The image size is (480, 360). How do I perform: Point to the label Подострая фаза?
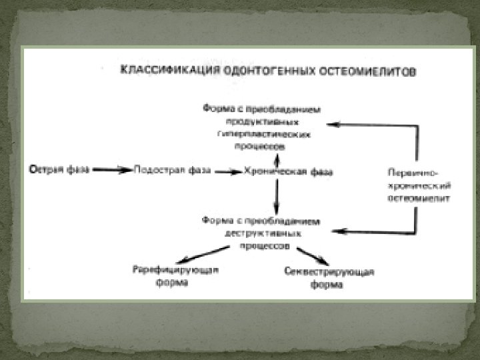coord(172,171)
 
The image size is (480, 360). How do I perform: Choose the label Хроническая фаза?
coord(289,171)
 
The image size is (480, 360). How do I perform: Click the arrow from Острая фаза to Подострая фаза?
coord(112,170)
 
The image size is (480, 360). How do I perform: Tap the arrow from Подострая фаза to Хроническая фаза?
coord(228,171)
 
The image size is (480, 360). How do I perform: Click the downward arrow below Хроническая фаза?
coord(275,197)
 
